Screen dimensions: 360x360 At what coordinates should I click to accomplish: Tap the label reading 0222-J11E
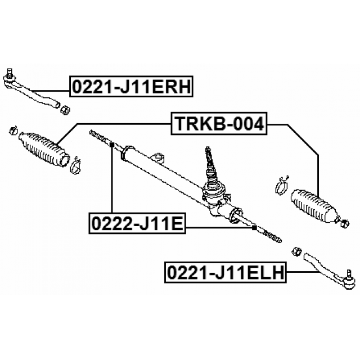tap(136, 224)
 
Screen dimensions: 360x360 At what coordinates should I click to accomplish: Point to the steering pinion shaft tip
tap(209, 151)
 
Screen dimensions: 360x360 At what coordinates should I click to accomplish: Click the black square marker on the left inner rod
tap(112, 145)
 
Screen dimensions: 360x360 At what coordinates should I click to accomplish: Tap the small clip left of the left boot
tap(12, 132)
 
